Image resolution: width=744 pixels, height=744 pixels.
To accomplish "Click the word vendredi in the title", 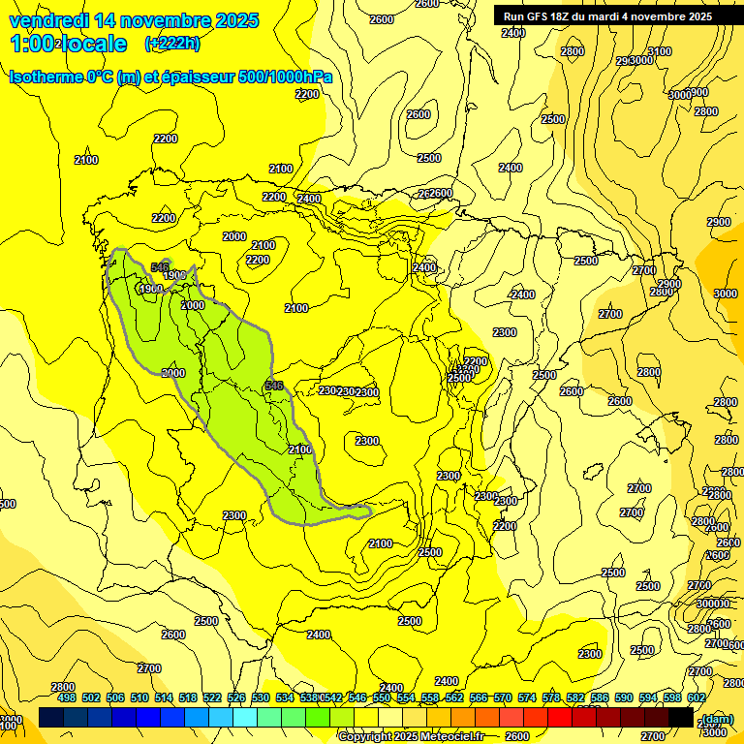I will [47, 20].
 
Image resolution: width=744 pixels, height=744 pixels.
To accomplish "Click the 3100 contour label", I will [659, 51].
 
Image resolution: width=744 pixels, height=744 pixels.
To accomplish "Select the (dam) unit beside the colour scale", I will [717, 718].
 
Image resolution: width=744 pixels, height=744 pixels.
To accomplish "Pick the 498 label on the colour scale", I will [67, 697].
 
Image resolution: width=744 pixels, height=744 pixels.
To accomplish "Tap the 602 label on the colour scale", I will [696, 697].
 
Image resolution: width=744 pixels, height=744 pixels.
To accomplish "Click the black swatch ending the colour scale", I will [681, 717].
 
